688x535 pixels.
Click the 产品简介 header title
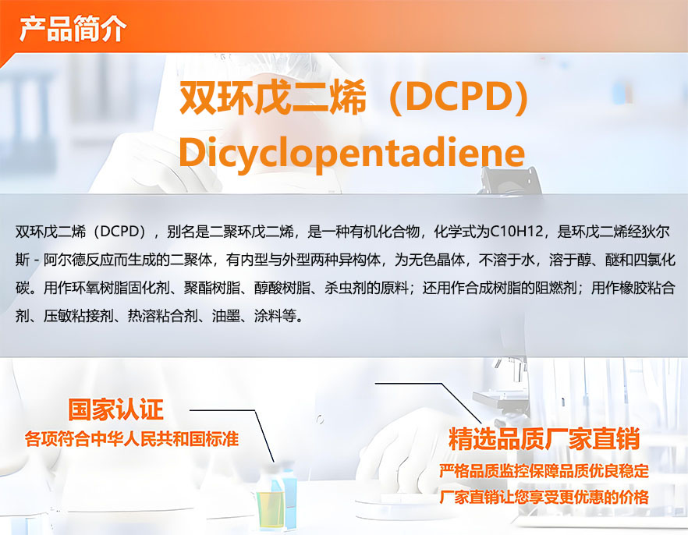click(73, 29)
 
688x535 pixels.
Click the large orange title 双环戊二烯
click(272, 97)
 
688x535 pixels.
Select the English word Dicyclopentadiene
click(352, 153)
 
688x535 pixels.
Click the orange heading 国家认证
click(115, 409)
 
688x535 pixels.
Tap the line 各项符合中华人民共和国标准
click(132, 439)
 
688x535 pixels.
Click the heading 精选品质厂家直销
click(544, 439)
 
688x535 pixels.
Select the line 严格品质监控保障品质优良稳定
click(544, 471)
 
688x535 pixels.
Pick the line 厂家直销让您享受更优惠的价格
click(544, 498)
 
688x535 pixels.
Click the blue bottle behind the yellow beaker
click(288, 495)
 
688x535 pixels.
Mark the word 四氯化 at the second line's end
click(654, 260)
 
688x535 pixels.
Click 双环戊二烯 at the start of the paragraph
click(51, 232)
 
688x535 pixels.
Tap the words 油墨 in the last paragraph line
click(226, 316)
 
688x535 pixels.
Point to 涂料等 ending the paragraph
click(275, 316)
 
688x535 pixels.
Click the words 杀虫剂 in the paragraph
click(346, 288)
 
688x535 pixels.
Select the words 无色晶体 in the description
click(437, 260)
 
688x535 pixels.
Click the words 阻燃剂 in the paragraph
click(556, 288)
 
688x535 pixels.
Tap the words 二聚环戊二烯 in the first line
click(251, 232)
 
